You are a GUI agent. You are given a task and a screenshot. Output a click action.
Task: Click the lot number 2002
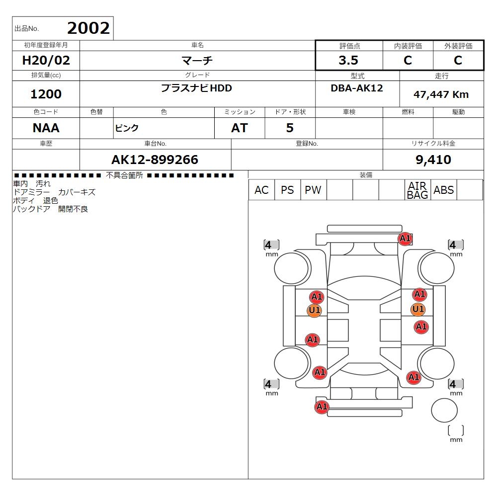click(88, 28)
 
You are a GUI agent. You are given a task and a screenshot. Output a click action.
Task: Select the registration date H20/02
click(46, 60)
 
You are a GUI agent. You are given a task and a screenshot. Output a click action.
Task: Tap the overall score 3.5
click(348, 60)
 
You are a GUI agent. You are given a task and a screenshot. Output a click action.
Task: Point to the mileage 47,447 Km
click(441, 94)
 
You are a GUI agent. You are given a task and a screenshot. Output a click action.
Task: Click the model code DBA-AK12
click(357, 88)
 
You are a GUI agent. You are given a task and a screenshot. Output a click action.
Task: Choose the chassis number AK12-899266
click(155, 160)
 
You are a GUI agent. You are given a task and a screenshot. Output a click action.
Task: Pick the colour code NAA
click(46, 128)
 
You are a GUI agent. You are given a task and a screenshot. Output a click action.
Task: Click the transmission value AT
click(240, 128)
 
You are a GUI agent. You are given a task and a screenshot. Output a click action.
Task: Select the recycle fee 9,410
click(433, 160)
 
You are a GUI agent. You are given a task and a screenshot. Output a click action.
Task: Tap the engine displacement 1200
click(46, 94)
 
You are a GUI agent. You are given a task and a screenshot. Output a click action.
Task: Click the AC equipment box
click(261, 190)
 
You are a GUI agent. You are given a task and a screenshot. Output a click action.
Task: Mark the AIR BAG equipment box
click(417, 190)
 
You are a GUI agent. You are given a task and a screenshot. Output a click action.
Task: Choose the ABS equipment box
click(443, 190)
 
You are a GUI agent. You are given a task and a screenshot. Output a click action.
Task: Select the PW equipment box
click(313, 190)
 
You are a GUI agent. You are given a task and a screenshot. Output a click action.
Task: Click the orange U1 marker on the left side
click(315, 310)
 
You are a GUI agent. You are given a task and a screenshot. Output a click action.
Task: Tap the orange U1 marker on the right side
click(418, 309)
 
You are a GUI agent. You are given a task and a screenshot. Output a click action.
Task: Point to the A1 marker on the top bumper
click(405, 239)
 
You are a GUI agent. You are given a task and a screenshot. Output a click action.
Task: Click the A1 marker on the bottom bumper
click(322, 407)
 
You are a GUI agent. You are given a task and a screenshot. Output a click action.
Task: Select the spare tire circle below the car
click(444, 410)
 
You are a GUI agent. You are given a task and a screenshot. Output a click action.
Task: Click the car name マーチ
click(197, 60)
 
